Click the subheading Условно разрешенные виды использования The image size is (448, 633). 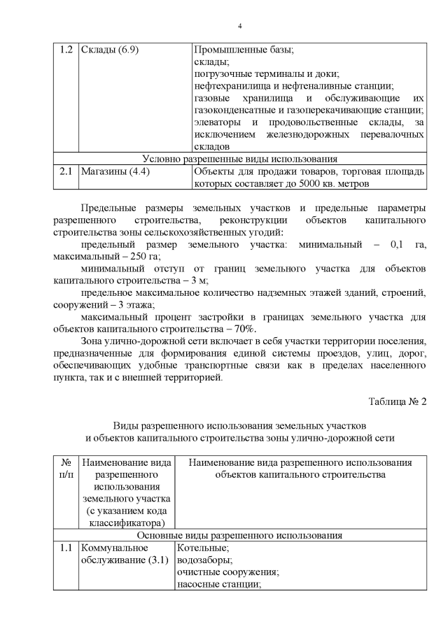[x=240, y=159]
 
